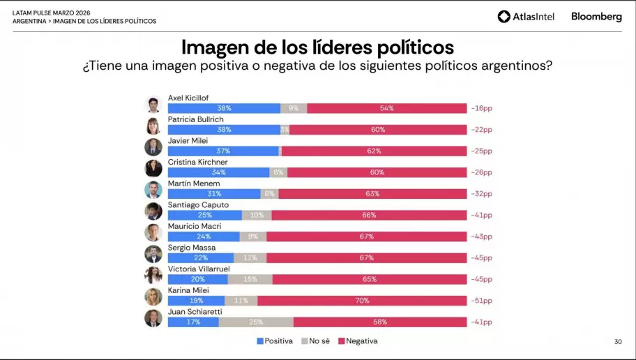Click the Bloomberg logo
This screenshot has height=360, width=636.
pos(596,17)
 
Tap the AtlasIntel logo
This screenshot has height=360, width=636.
pos(526,17)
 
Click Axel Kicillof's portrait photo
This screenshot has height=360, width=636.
pos(153,105)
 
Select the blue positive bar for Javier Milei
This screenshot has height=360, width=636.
pos(223,151)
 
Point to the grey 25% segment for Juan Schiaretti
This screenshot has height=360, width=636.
pos(256,322)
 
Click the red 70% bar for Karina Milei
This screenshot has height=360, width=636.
pos(362,301)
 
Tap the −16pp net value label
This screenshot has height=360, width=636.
pos(481,109)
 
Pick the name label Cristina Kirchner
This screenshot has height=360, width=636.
pos(197,163)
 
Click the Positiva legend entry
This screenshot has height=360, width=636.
pos(275,341)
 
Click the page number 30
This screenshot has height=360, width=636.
pos(618,342)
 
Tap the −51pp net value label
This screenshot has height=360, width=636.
pos(481,301)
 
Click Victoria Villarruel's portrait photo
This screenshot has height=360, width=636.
pos(153,275)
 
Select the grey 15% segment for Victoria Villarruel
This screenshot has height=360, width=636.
pos(250,280)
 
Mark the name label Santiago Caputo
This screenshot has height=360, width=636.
pos(195,205)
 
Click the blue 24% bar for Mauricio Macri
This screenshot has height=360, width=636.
pos(204,237)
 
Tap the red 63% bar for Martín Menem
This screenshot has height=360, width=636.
pos(372,194)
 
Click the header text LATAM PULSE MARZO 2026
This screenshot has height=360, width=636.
pos(51,13)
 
